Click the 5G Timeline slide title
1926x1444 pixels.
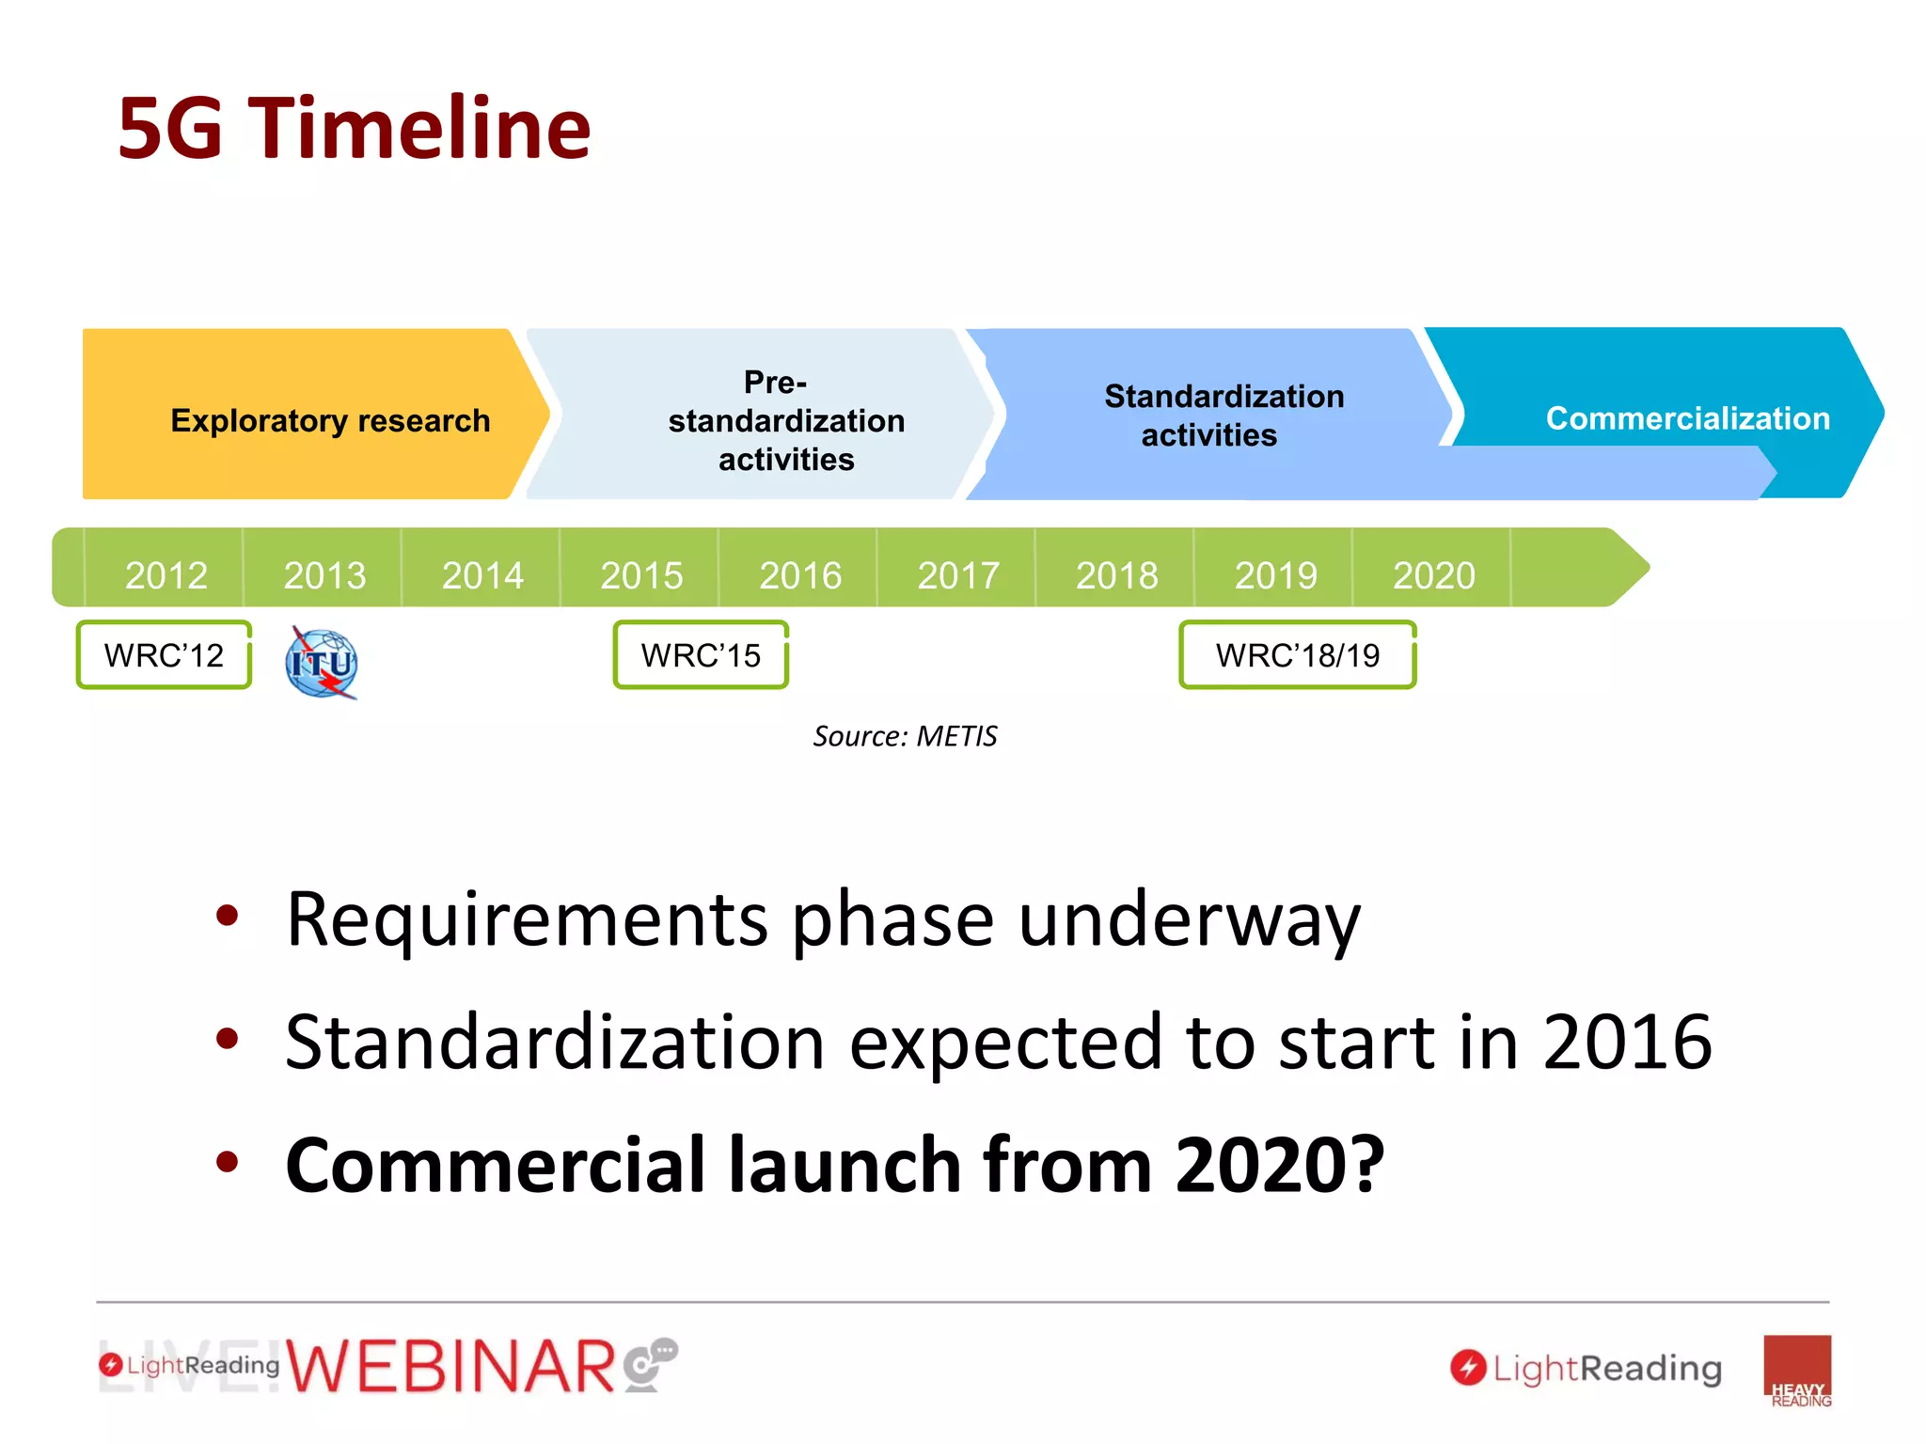pyautogui.click(x=354, y=128)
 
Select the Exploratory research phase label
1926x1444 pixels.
pyautogui.click(x=330, y=420)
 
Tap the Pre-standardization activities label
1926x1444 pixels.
pyautogui.click(x=786, y=420)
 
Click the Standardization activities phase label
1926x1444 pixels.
pyautogui.click(x=1223, y=415)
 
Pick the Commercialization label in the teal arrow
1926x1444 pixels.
pyautogui.click(x=1687, y=417)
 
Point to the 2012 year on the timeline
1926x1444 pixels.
pyautogui.click(x=166, y=574)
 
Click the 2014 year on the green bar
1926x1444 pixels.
pyautogui.click(x=482, y=574)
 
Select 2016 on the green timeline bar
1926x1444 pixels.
pyautogui.click(x=800, y=574)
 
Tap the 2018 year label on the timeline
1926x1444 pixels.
pyautogui.click(x=1117, y=574)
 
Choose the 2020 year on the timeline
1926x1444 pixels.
pyautogui.click(x=1434, y=574)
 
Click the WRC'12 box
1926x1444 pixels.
pyautogui.click(x=164, y=654)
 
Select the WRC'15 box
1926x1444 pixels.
pyautogui.click(x=701, y=654)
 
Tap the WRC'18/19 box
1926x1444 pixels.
pyautogui.click(x=1297, y=654)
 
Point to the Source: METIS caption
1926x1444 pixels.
pyautogui.click(x=905, y=735)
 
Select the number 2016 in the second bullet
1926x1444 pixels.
pyautogui.click(x=1627, y=1042)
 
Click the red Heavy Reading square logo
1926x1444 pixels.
pyautogui.click(x=1797, y=1370)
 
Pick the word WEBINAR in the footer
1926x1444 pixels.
pyautogui.click(x=451, y=1367)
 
